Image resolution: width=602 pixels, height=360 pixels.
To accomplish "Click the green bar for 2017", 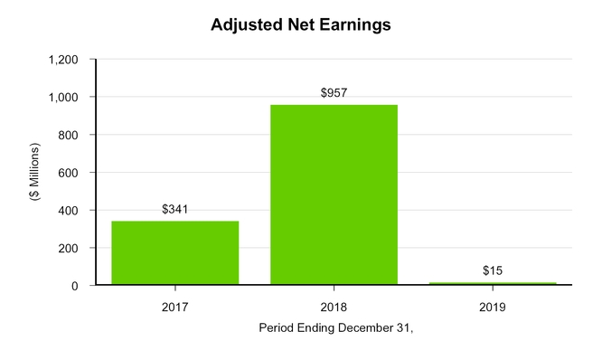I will click(x=174, y=252).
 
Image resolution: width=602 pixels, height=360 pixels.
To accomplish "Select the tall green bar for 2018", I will click(x=334, y=194).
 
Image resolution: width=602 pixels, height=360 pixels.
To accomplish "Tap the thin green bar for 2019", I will click(x=493, y=283).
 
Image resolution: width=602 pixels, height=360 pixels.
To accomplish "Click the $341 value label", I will click(x=174, y=209).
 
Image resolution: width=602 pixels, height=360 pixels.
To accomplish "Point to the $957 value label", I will click(x=334, y=93).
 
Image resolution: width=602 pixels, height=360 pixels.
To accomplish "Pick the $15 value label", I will click(x=493, y=270).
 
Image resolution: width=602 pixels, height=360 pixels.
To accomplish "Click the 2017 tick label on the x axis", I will click(x=174, y=308).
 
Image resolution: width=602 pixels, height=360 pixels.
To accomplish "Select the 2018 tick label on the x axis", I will click(x=334, y=308).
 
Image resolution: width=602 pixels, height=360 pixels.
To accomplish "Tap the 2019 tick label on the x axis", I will click(x=493, y=308).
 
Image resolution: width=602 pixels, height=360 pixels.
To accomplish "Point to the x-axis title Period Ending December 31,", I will click(x=335, y=327).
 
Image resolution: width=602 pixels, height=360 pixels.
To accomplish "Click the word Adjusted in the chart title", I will click(x=246, y=25).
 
